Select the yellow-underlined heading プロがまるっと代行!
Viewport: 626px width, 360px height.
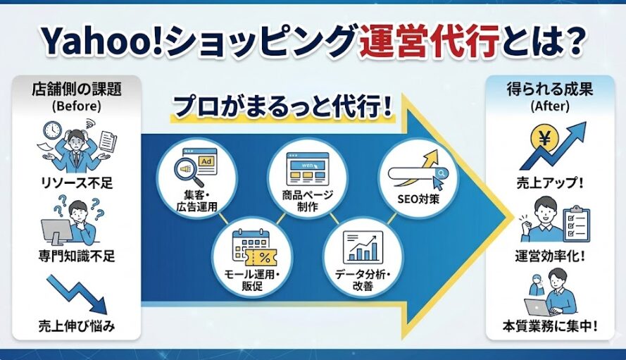click(x=282, y=108)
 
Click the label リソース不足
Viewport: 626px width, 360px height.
click(x=77, y=184)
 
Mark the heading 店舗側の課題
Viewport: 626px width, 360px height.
click(x=77, y=91)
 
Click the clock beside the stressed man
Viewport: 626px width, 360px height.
click(x=52, y=131)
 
